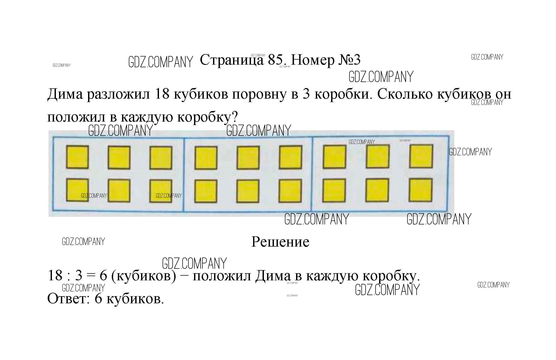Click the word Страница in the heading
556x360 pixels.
232,60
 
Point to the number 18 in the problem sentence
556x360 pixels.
162,94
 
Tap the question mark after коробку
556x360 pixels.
235,116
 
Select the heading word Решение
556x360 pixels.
280,242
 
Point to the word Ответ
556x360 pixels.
69,299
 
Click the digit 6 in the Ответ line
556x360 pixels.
98,299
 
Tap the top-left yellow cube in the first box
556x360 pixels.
77,157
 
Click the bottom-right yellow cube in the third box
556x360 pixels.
420,190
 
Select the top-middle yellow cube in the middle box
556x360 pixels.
248,158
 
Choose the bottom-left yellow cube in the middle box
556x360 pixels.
206,191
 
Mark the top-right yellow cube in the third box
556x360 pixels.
421,156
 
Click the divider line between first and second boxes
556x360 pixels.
184,174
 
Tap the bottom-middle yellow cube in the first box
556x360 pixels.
119,191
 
